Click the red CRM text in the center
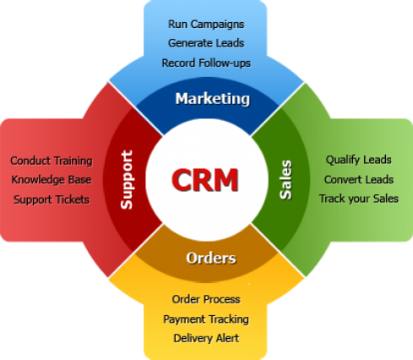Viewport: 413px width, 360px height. [205, 180]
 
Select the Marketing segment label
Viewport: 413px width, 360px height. [213, 99]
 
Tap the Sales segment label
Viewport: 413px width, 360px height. [285, 180]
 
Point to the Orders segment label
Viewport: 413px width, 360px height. [211, 258]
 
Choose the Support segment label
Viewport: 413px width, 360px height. [127, 180]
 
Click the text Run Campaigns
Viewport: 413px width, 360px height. [206, 25]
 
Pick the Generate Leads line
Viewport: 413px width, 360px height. [206, 43]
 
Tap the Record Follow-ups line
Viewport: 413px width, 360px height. [206, 63]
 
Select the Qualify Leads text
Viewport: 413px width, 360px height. [359, 160]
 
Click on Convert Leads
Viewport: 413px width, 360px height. [359, 179]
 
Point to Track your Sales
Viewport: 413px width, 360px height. [359, 199]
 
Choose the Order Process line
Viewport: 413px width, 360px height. [206, 299]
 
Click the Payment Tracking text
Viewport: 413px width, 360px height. [206, 319]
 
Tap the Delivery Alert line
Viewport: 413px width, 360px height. [206, 338]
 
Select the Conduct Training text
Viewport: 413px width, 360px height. [52, 161]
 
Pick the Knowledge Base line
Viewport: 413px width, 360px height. [52, 179]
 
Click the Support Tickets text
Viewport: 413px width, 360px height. [52, 199]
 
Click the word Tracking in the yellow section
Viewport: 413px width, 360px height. [229, 319]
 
